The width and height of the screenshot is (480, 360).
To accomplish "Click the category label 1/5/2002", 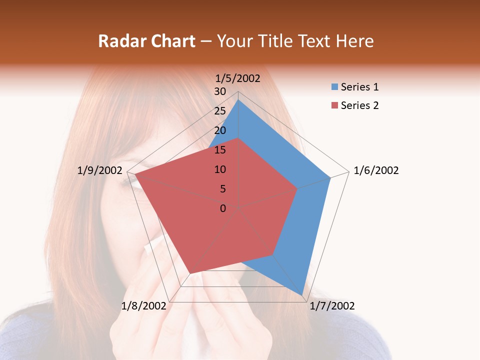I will coord(237,78).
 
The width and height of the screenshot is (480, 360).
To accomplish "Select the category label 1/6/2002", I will coord(376,170).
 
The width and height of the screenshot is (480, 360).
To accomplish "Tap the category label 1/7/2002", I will coord(332,306).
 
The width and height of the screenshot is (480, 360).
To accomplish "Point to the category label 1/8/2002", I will coord(143,306).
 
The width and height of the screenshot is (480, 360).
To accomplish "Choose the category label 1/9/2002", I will coord(100,170).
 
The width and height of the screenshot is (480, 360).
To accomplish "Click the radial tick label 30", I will coord(220,91).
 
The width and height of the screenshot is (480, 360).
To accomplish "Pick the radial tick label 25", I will coord(220,111).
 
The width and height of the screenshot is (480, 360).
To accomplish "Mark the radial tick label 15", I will coord(220,150).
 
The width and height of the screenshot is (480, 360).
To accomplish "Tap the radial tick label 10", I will coord(220,169).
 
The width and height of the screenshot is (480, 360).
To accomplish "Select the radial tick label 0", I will coord(223,208).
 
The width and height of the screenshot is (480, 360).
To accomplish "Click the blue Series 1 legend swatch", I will coord(334,87).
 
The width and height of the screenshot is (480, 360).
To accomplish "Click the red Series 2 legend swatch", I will coord(334,105).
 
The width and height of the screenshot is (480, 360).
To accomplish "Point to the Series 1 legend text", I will coord(359,87).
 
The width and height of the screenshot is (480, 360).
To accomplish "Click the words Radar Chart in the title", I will coord(146,41).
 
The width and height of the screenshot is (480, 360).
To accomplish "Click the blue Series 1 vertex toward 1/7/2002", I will coord(302,295).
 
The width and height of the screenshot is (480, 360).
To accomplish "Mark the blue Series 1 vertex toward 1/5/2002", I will coord(238,100).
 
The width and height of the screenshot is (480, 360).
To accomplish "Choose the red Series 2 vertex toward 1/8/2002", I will coord(190,273).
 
